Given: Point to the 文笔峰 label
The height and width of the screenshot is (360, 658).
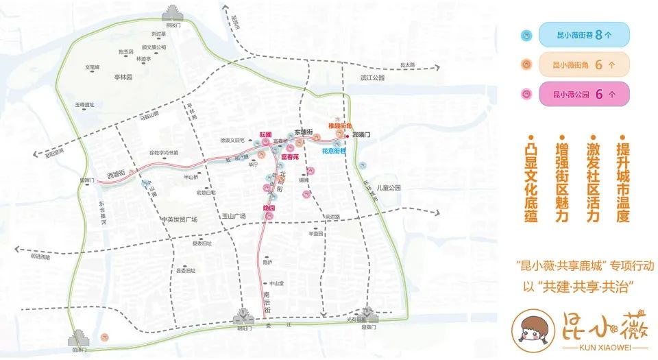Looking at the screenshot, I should (93, 67).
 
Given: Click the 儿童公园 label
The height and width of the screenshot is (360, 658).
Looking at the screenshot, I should (387, 187).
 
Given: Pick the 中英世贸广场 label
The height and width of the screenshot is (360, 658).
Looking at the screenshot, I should (180, 219).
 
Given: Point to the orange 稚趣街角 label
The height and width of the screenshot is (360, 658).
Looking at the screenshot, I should (339, 126).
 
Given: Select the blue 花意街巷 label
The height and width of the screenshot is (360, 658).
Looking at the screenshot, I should (334, 151).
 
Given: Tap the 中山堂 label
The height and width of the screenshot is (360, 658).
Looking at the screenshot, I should (276, 283).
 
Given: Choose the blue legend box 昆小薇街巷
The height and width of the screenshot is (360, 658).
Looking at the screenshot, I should (582, 34).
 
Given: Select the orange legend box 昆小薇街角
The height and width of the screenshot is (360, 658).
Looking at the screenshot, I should (583, 64).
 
